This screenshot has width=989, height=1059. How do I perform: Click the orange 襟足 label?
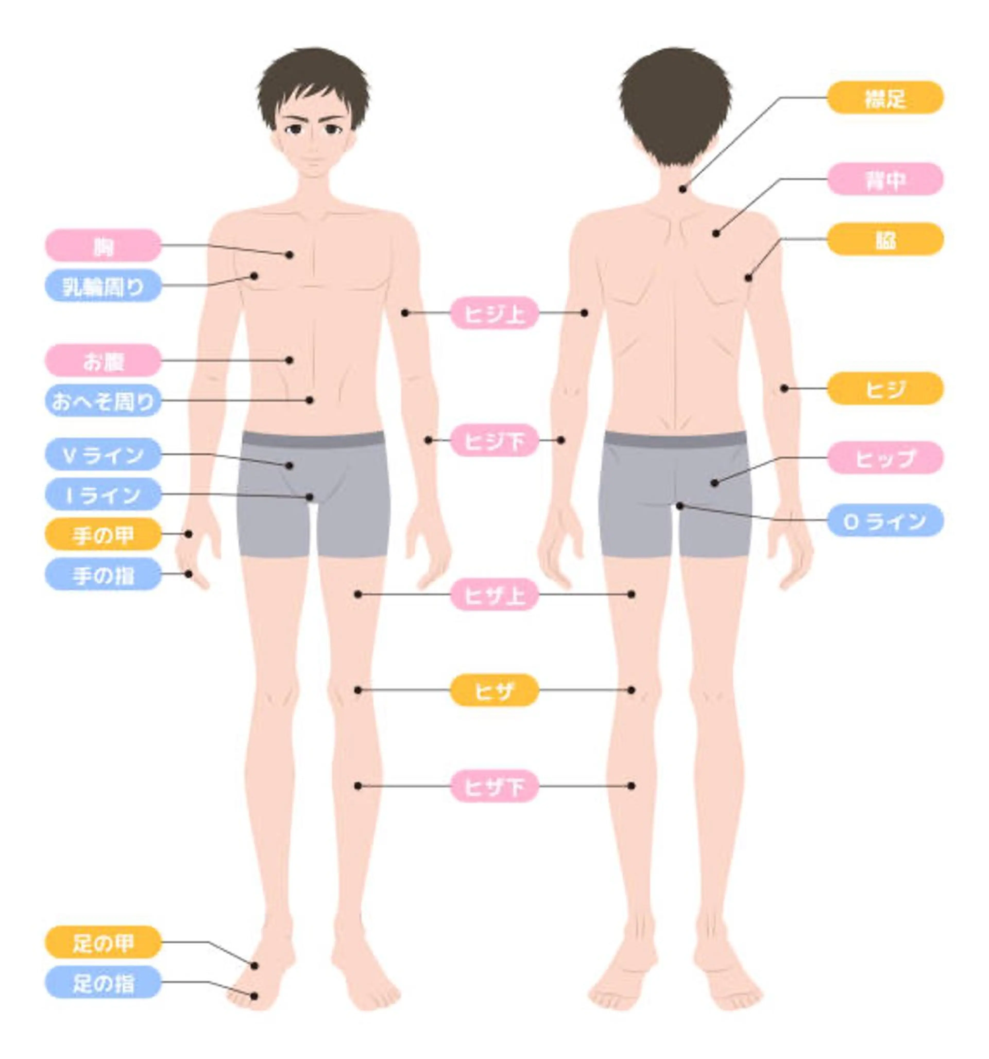click(x=885, y=97)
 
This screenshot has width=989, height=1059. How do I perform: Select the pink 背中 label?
click(x=885, y=179)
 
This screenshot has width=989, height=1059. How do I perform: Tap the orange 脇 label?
click(x=885, y=239)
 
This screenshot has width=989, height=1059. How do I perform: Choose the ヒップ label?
click(x=885, y=458)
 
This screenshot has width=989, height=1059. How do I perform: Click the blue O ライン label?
click(x=885, y=520)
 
